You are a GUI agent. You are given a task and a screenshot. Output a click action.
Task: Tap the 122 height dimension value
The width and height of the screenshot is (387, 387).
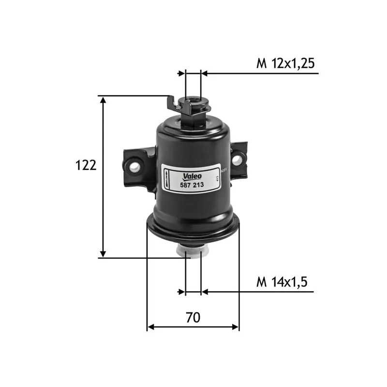click(x=86, y=165)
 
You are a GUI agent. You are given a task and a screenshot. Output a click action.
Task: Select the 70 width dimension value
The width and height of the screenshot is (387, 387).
click(x=193, y=317)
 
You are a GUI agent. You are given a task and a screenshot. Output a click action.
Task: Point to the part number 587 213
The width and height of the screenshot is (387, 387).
click(x=192, y=185)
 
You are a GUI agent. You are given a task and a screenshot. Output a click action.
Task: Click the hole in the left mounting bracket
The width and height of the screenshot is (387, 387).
click(x=135, y=166)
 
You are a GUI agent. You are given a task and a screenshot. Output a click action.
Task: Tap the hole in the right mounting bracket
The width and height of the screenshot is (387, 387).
click(x=238, y=158)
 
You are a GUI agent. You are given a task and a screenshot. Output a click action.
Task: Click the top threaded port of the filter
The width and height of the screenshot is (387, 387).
click(x=193, y=103)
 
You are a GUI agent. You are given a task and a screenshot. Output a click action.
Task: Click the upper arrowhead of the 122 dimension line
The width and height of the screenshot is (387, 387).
click(x=103, y=100)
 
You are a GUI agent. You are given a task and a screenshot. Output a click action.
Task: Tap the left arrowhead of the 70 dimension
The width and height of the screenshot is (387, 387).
click(x=150, y=327)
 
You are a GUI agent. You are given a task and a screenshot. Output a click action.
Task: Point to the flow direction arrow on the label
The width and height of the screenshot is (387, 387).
click(x=166, y=180)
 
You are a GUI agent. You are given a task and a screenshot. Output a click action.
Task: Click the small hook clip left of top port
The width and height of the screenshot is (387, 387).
click(x=171, y=103)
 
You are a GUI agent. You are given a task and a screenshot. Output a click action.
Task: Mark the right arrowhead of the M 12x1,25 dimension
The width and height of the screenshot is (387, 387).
click(x=204, y=74)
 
